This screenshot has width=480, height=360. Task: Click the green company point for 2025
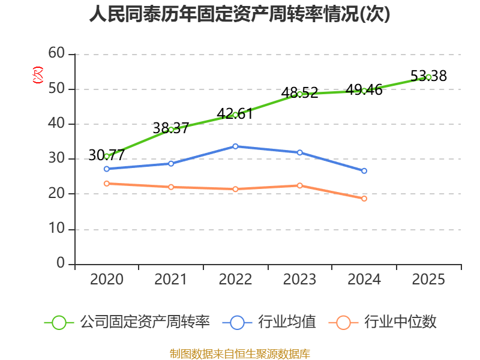coord(428,77)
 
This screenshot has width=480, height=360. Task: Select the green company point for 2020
coord(107,156)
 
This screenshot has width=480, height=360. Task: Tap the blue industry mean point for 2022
coord(235,146)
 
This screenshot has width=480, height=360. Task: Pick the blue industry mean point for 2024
coord(364,171)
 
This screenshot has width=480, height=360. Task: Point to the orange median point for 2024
coord(364,199)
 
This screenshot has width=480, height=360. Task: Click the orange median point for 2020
coord(107,184)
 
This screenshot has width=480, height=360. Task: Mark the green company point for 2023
coord(299,94)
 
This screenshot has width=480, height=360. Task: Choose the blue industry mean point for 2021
coord(171,163)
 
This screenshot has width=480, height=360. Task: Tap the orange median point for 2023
coord(299,185)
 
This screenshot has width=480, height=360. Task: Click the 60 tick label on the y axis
coord(56,54)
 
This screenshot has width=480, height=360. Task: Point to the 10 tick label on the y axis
coord(56,229)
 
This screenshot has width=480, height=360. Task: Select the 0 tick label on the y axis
coord(61,264)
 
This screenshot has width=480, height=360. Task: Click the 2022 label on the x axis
coord(235,280)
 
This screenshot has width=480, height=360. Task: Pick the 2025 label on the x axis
coord(428,280)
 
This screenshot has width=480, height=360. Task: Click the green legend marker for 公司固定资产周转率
coord(59,322)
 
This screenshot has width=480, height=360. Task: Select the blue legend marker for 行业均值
coord(237,322)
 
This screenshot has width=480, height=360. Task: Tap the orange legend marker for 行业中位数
coord(343,322)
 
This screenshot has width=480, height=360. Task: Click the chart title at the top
coord(240,14)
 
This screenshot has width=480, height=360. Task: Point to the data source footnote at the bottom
coord(240,353)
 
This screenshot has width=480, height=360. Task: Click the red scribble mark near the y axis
coord(38,75)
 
